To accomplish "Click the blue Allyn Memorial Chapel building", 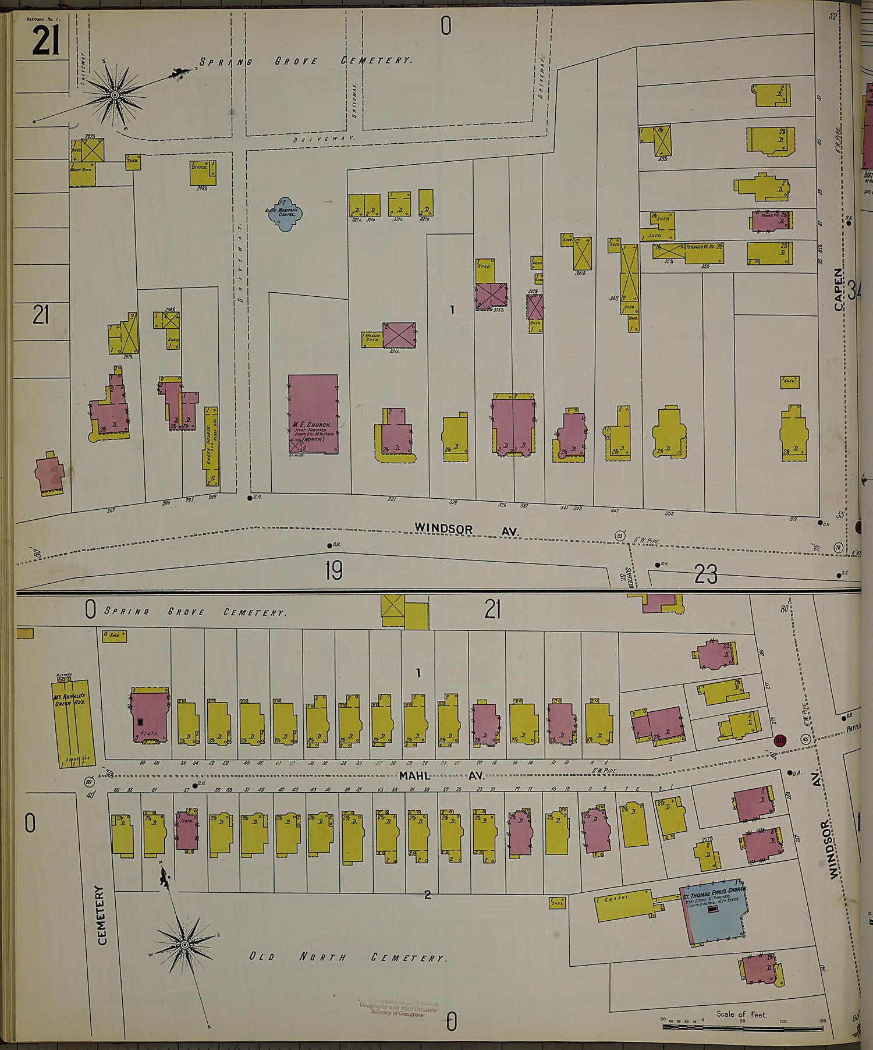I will coord(284,214).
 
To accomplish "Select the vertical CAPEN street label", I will coord(839,289).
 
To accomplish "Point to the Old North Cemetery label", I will coord(347,957).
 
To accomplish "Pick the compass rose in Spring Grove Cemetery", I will coord(115,94).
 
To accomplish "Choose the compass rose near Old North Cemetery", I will coord(184,944).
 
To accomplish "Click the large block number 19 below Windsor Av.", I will coord(333,571).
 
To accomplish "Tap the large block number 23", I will coord(705,574).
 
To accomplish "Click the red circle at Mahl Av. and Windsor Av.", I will coord(780,740).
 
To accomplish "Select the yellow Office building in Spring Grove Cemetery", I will coord(203,173).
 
